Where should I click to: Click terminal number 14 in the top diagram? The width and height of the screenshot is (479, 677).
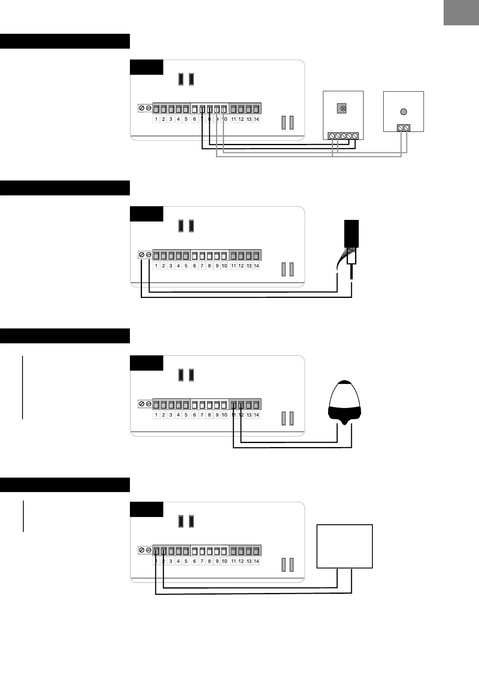tap(256, 119)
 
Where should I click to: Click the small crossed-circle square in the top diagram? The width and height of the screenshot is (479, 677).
tap(341, 108)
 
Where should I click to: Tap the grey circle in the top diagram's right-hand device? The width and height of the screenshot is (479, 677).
tap(404, 112)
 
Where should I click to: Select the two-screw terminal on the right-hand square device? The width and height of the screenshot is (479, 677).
tap(403, 128)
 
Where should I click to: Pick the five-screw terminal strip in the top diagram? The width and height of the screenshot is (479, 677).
tap(343, 136)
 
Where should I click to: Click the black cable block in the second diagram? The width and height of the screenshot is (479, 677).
tap(352, 234)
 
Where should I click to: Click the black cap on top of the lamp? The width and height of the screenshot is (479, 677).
tap(345, 382)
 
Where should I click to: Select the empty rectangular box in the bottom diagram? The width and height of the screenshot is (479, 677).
tap(345, 546)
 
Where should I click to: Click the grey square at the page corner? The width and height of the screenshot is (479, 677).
tap(461, 12)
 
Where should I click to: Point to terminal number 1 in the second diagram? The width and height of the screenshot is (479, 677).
tap(156, 266)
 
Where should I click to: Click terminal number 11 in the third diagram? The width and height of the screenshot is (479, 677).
tap(234, 415)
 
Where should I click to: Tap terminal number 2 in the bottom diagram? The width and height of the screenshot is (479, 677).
tap(163, 561)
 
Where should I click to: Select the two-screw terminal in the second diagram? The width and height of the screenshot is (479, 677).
tap(145, 255)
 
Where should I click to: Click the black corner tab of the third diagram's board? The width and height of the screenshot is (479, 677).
tap(146, 363)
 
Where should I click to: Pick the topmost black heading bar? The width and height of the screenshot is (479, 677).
tap(65, 41)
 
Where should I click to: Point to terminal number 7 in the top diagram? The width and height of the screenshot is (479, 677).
tap(202, 119)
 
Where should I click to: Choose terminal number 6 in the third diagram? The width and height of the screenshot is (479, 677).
tap(194, 415)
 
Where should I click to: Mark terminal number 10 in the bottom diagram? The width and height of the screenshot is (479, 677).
tap(224, 561)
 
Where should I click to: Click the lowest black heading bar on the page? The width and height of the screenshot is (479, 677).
tap(65, 485)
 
